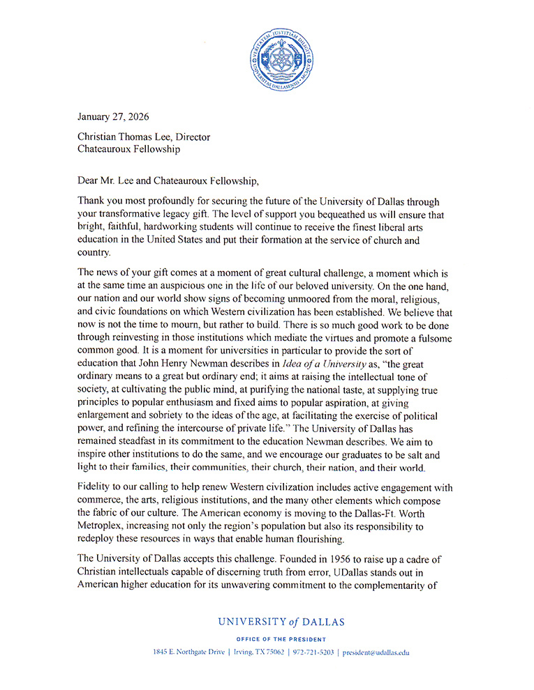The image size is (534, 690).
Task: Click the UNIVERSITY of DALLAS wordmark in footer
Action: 281,622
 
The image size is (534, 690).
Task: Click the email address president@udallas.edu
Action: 376,653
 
